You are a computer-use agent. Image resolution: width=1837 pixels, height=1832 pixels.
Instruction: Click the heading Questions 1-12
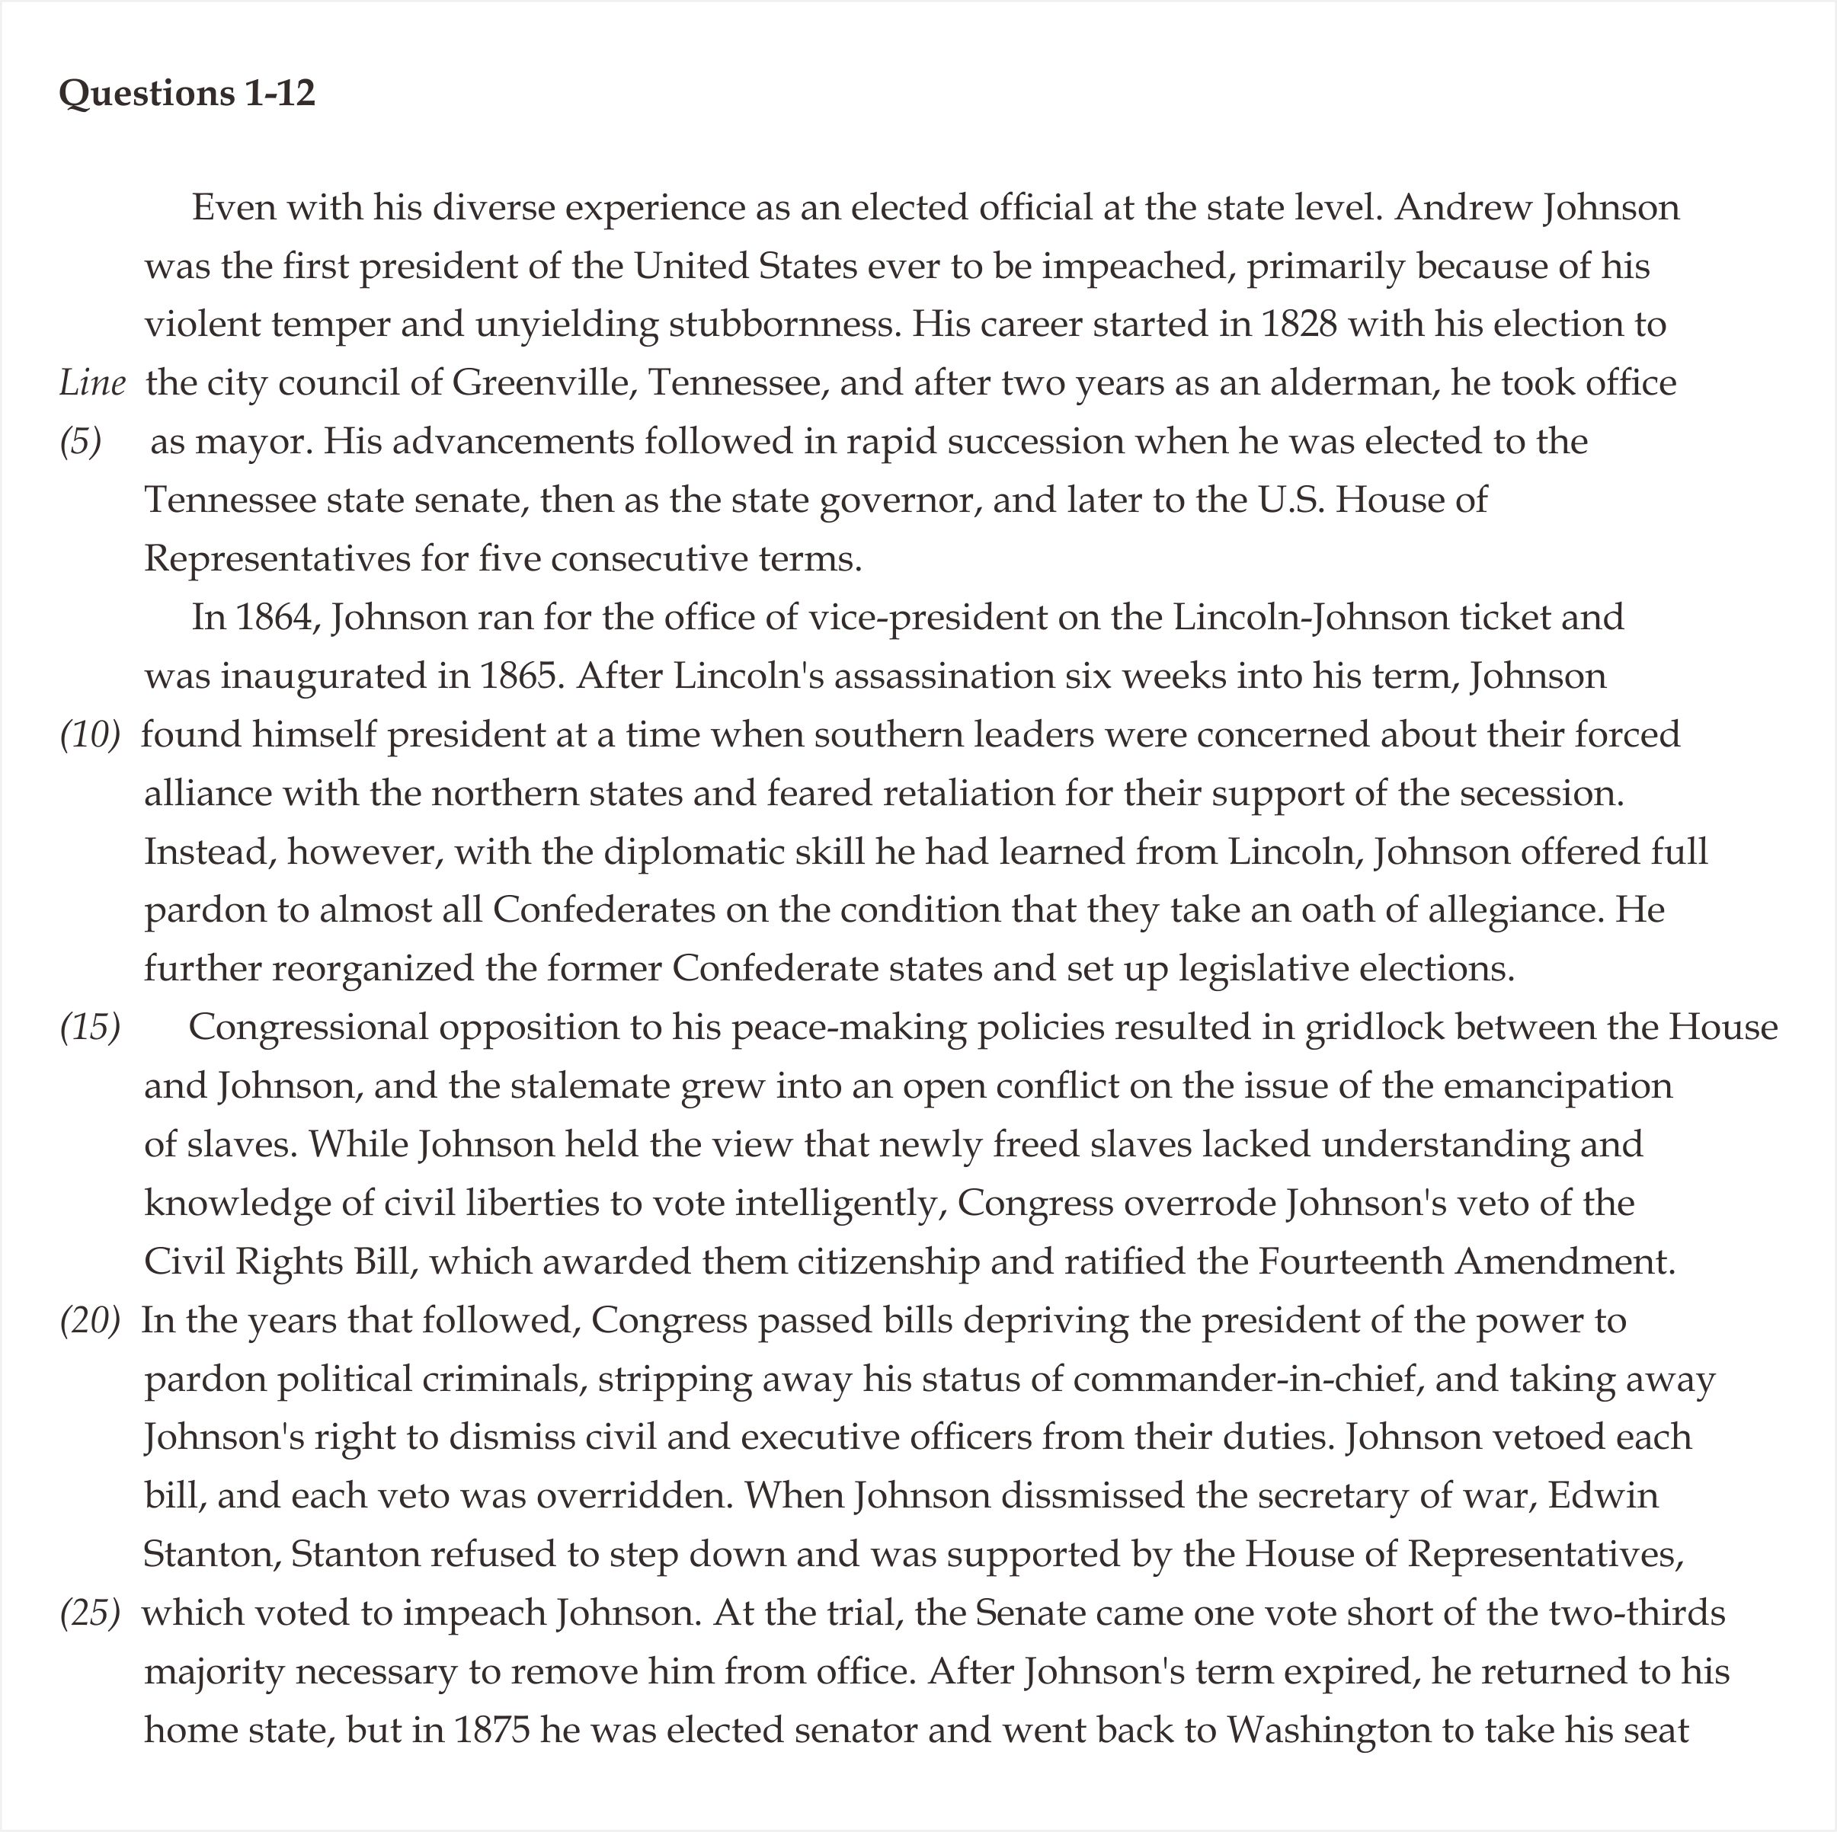pos(187,93)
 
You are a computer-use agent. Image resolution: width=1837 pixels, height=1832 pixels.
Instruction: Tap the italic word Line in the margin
pos(92,383)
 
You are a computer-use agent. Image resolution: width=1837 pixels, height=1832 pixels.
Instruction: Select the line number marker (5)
pos(81,442)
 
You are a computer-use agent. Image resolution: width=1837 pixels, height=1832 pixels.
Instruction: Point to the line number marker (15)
pos(91,1028)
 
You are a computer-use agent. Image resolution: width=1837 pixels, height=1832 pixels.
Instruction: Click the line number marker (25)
pos(91,1613)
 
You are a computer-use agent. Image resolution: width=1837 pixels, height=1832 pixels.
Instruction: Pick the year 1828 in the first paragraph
pos(1299,325)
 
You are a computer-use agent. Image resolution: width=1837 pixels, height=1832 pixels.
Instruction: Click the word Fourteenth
pos(1351,1262)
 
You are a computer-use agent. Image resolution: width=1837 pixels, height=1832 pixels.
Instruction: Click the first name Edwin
pos(1603,1496)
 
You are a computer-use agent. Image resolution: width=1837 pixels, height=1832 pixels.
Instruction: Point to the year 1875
pos(491,1730)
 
